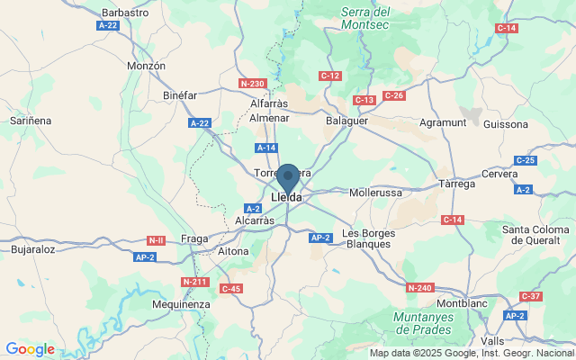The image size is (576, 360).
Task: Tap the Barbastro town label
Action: pyautogui.click(x=125, y=13)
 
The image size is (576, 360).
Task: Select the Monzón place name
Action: pyautogui.click(x=146, y=66)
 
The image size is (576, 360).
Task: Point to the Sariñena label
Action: pyautogui.click(x=30, y=120)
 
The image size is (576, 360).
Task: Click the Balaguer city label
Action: pyautogui.click(x=347, y=120)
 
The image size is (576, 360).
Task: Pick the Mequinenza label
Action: pyautogui.click(x=182, y=304)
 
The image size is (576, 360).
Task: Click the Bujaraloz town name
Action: pyautogui.click(x=33, y=248)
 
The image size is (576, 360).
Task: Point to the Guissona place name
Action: pyautogui.click(x=506, y=123)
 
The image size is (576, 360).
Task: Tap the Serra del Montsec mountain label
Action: pyautogui.click(x=365, y=20)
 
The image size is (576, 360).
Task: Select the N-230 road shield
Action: pyautogui.click(x=252, y=84)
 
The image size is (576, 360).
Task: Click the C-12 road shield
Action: pyautogui.click(x=330, y=76)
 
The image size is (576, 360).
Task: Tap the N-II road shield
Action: pyautogui.click(x=157, y=240)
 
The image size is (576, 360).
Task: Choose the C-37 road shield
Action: pyautogui.click(x=531, y=296)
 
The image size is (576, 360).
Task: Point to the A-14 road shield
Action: pyautogui.click(x=265, y=148)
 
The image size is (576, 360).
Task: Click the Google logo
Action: pyautogui.click(x=30, y=349)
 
